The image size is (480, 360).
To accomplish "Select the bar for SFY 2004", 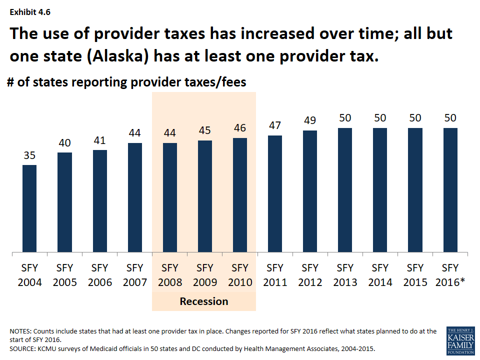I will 29,208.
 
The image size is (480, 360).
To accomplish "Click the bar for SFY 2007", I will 134,197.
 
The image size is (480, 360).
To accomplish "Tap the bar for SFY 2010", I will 240,194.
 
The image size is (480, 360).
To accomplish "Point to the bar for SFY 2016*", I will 450,189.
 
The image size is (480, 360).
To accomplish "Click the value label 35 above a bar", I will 29,155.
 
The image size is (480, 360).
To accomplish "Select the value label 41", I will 99,140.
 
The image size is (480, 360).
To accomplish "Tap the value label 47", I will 275,125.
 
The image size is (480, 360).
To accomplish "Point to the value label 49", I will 310,121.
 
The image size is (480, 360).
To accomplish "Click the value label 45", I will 205,130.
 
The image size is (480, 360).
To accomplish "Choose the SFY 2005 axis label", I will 65,274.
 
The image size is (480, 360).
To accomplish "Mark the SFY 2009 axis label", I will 205,274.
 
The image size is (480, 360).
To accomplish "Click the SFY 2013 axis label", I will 345,274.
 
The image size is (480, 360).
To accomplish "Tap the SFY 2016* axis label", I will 451,274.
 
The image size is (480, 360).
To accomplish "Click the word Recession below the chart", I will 204,301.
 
